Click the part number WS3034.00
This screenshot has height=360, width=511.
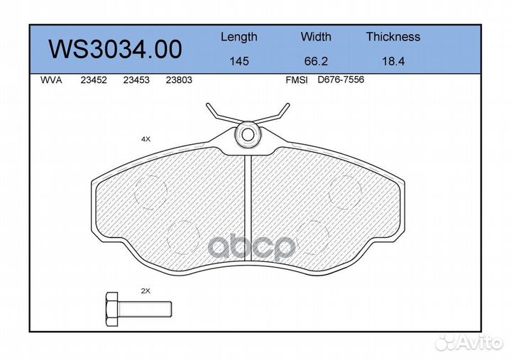click(115, 49)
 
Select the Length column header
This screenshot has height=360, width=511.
click(239, 37)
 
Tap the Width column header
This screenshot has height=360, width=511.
click(316, 36)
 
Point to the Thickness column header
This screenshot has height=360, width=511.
click(393, 36)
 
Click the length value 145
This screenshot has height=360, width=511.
click(239, 61)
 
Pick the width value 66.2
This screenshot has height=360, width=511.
click(316, 61)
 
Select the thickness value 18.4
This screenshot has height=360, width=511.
click(393, 61)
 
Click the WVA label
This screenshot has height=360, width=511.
click(51, 80)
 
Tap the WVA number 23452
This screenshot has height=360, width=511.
click(94, 80)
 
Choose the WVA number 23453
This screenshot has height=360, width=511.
click(136, 80)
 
